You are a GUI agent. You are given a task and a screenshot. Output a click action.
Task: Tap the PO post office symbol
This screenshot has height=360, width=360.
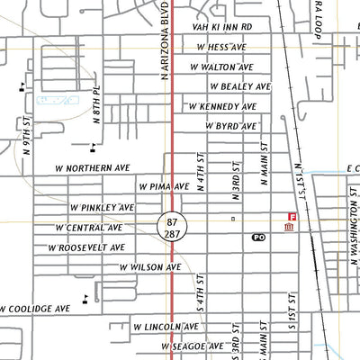258,238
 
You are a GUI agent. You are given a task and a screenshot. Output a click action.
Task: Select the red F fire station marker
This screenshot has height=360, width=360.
291,217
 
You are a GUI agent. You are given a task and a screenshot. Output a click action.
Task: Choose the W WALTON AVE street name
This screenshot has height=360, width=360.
222,67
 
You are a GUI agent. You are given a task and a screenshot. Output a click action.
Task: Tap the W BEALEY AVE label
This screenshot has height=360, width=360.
240,86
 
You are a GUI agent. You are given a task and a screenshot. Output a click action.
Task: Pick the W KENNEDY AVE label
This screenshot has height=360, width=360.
221,106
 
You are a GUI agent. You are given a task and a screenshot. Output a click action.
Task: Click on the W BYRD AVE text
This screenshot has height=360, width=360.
230,126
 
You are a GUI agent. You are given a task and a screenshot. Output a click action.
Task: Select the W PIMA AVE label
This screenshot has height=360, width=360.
164,186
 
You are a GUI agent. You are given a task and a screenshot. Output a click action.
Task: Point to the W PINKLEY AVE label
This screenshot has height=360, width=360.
102,207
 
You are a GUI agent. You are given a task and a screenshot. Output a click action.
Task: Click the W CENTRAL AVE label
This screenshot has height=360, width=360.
89,228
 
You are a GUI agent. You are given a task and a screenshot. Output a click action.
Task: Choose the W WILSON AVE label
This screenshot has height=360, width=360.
150,267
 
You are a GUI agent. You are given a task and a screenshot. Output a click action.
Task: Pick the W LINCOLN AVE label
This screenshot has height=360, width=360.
165,327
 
